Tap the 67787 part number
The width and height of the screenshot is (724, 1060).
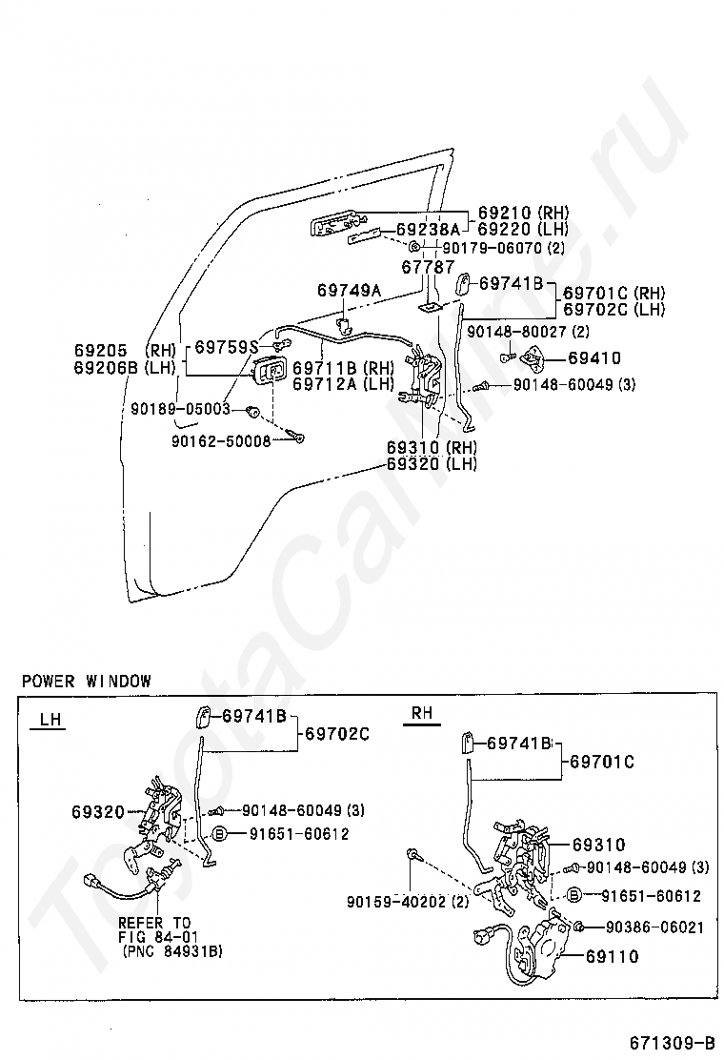pyautogui.click(x=428, y=268)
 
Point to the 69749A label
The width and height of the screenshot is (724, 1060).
pyautogui.click(x=349, y=290)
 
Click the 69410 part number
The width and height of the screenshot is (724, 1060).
pyautogui.click(x=594, y=358)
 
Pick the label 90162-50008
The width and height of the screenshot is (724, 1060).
pyautogui.click(x=221, y=440)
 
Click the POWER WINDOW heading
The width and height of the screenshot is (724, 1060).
pyautogui.click(x=86, y=681)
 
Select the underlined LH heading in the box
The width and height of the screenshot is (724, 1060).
pyautogui.click(x=51, y=721)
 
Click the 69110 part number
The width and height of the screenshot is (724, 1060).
pyautogui.click(x=613, y=956)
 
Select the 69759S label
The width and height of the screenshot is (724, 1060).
pyautogui.click(x=227, y=347)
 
